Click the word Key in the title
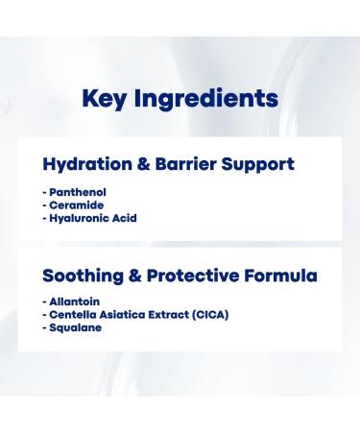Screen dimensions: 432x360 (x=106, y=98)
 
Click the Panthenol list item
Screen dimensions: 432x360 (x=79, y=192)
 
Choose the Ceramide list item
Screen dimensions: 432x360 (x=77, y=205)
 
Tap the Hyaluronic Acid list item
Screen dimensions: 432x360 (x=92, y=219)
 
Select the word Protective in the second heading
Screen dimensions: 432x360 (x=186, y=276)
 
